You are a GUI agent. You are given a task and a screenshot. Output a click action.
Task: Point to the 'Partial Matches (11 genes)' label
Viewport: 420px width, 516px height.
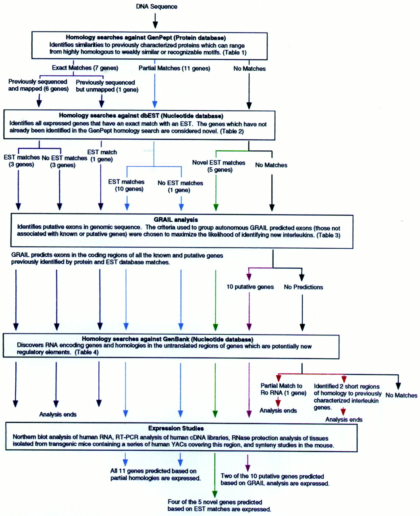point(174,68)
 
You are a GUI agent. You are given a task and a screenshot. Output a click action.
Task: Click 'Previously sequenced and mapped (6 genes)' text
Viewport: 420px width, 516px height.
point(38,85)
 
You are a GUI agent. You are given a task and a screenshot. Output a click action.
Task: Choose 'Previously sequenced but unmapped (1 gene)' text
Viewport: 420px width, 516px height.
point(107,86)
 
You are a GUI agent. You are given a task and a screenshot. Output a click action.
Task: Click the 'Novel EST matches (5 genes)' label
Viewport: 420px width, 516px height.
point(218,166)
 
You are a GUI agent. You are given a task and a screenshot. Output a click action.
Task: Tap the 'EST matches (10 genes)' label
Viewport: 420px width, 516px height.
point(126,185)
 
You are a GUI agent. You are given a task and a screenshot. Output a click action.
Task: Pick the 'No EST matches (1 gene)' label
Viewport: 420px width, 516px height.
point(180,186)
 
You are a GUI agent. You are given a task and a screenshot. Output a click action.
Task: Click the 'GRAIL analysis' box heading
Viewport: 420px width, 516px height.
point(176,220)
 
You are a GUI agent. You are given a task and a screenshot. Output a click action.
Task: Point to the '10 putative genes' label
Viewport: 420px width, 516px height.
point(250,287)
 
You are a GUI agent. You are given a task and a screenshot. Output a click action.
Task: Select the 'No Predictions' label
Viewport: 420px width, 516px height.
point(303,287)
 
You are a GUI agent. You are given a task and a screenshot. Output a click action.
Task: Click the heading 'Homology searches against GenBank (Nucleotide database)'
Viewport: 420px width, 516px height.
point(167,339)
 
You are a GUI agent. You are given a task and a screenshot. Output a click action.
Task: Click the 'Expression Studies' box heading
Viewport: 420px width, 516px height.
point(176,428)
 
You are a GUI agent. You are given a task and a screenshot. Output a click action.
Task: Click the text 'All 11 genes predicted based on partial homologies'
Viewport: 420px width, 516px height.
point(155,474)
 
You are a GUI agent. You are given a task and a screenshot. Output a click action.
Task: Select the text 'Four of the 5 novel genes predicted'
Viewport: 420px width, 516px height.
point(215,502)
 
